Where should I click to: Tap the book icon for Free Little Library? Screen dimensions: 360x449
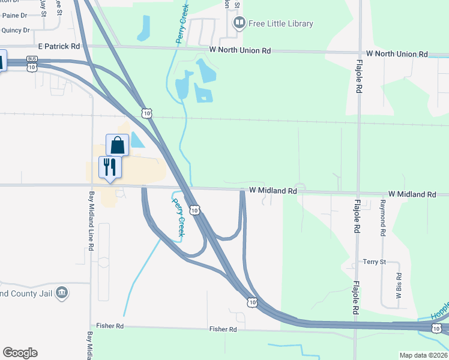point(240,23)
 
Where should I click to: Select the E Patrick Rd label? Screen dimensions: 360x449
point(59,46)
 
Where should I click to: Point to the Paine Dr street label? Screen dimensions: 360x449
point(15,16)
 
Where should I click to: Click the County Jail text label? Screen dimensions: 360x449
point(25,293)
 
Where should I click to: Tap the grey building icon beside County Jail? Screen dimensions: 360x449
point(61,293)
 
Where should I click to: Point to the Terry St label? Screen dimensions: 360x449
point(373,262)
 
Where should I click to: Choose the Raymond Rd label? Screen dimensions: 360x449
point(382,218)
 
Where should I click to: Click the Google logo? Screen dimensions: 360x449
point(20,353)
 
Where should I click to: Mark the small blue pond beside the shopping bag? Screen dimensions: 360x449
point(137,140)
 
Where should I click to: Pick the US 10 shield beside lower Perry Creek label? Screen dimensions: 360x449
point(194,209)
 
